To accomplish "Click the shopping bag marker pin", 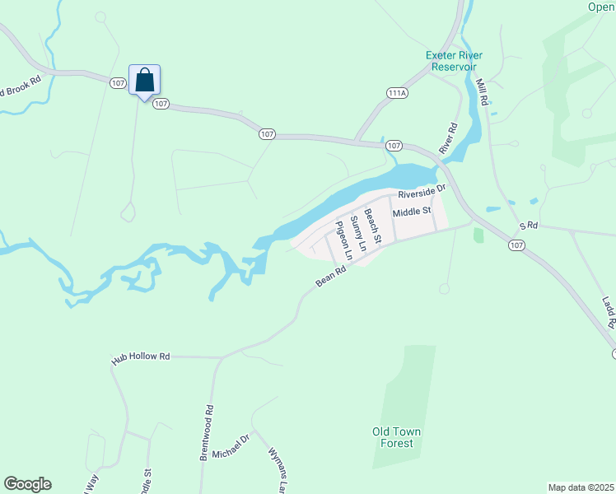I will click(x=145, y=81).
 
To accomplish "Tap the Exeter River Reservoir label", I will click(x=454, y=61).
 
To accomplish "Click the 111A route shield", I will click(x=397, y=93).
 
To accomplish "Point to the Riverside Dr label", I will click(x=421, y=192).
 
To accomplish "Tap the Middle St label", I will click(x=412, y=212).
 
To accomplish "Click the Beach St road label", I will click(x=373, y=226).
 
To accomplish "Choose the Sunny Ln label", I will click(x=357, y=233).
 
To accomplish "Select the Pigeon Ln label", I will click(x=342, y=241).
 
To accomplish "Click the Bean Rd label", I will click(x=329, y=276).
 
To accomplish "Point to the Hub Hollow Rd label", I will click(x=141, y=357).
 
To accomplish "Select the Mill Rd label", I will click(x=483, y=91).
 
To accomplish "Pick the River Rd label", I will click(x=449, y=138).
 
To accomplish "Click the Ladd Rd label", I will click(x=609, y=313).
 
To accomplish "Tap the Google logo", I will click(x=27, y=484).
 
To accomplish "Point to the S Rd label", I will click(x=528, y=225).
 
